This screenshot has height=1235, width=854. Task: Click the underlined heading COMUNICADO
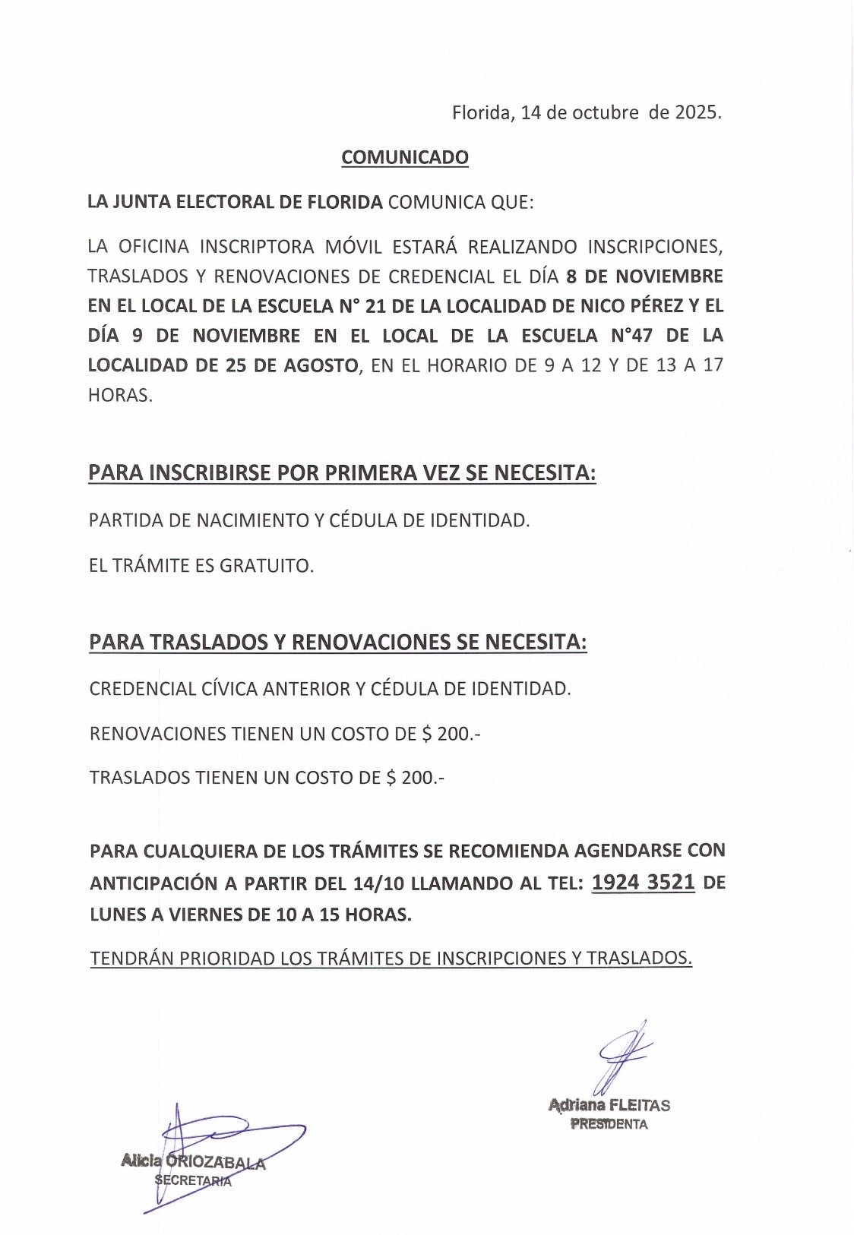tap(405, 157)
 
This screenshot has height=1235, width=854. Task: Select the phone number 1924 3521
tap(643, 882)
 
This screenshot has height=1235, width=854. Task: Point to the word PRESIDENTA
tap(609, 1124)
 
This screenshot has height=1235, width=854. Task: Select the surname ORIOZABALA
tap(215, 1161)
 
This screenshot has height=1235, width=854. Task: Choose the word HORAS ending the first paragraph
tap(120, 396)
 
